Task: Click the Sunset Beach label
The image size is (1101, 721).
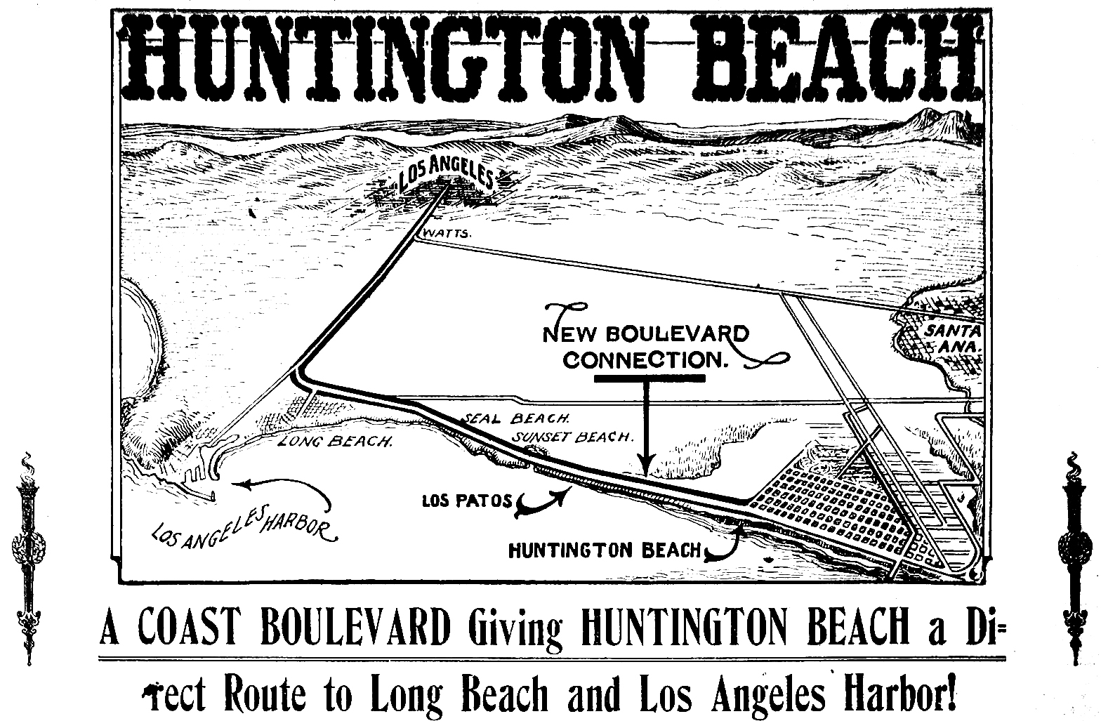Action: tap(572, 437)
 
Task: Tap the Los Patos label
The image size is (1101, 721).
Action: tap(467, 503)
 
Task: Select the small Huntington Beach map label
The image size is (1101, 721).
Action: tap(604, 550)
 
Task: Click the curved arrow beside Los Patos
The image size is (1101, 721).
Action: tap(543, 501)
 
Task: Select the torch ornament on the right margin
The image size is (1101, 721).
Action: tap(1074, 558)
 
